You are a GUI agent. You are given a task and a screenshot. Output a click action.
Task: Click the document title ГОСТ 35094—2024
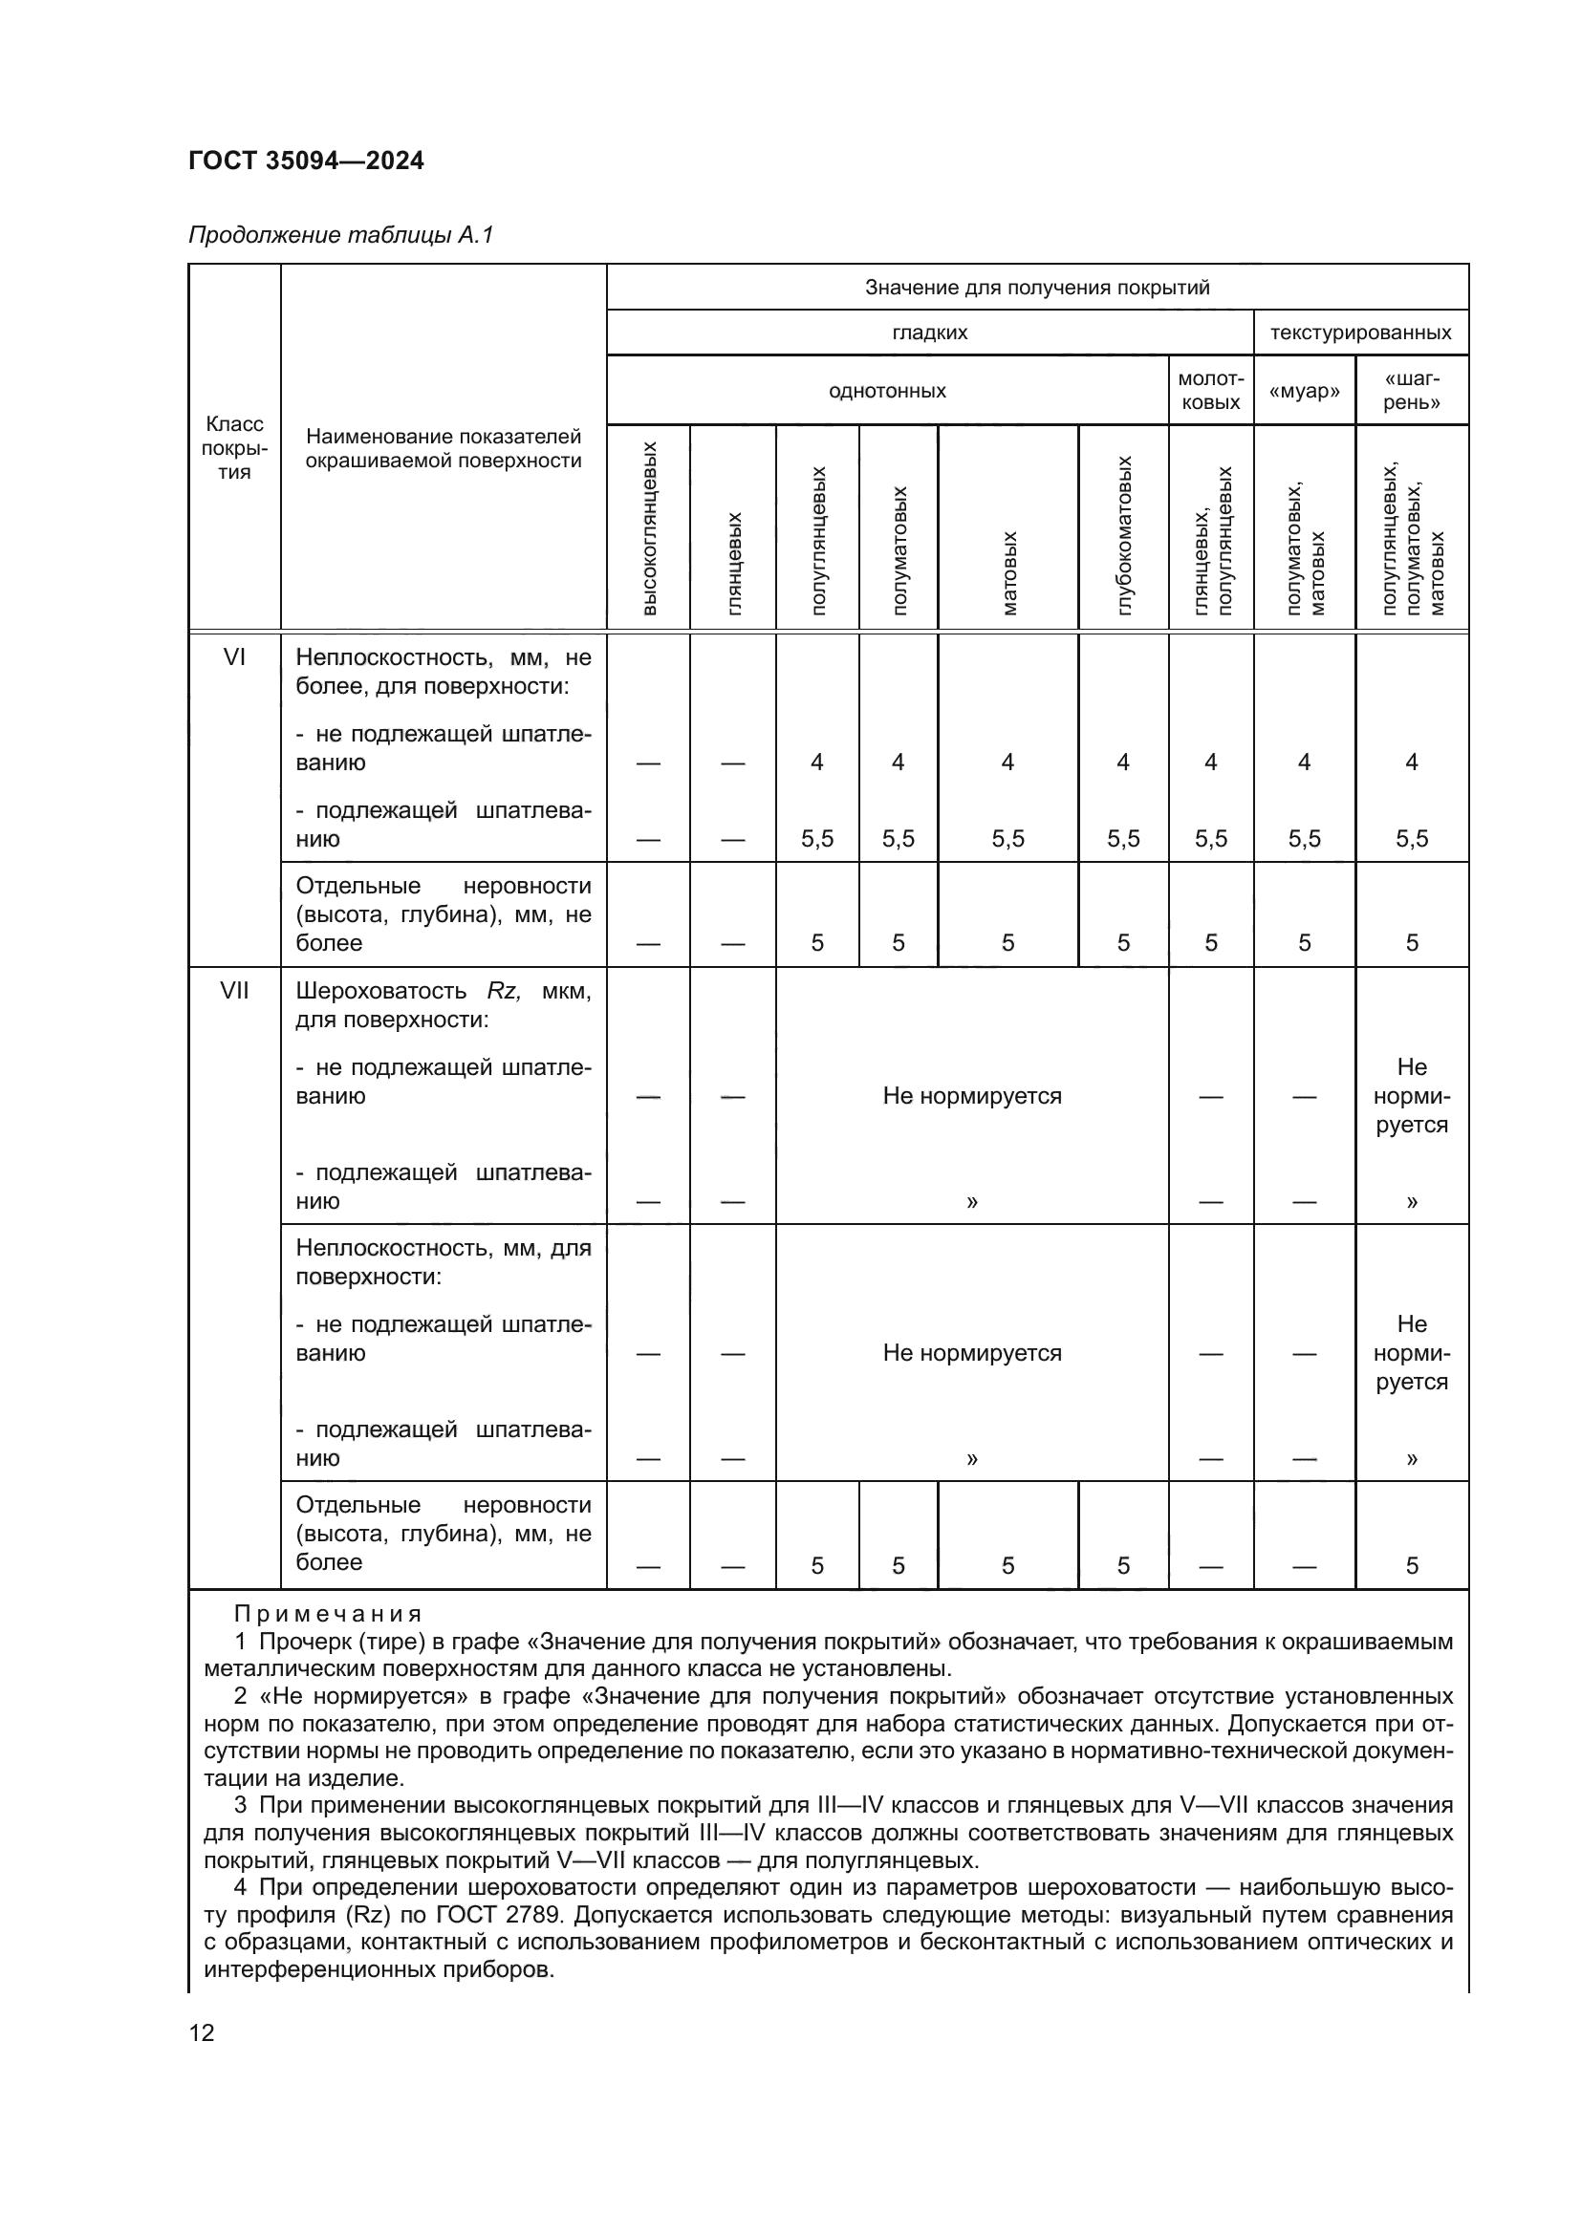(306, 161)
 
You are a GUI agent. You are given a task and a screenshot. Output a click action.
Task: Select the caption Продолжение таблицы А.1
(340, 235)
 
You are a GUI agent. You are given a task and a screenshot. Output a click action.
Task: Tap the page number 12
(202, 2032)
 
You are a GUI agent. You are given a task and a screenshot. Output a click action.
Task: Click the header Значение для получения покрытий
(1037, 288)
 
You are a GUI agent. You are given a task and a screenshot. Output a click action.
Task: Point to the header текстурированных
(1360, 333)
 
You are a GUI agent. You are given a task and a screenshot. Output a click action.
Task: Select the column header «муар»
(1304, 392)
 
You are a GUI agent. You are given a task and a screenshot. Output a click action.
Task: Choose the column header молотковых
(1210, 391)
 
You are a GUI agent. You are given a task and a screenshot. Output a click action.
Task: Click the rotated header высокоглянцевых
(649, 527)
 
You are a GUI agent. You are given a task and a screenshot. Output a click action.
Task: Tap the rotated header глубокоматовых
(1123, 535)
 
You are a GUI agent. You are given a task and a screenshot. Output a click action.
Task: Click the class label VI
(233, 657)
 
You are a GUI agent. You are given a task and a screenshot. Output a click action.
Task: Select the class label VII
(233, 990)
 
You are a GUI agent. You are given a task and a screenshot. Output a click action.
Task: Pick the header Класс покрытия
(233, 448)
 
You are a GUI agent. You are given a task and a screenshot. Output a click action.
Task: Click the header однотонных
(887, 392)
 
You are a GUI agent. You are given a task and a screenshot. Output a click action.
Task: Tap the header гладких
(930, 333)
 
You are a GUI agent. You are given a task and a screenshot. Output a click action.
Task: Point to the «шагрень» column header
(1412, 391)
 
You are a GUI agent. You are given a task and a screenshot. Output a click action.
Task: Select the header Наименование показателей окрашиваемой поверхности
(443, 449)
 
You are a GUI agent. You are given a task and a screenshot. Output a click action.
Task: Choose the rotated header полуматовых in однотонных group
(899, 551)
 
